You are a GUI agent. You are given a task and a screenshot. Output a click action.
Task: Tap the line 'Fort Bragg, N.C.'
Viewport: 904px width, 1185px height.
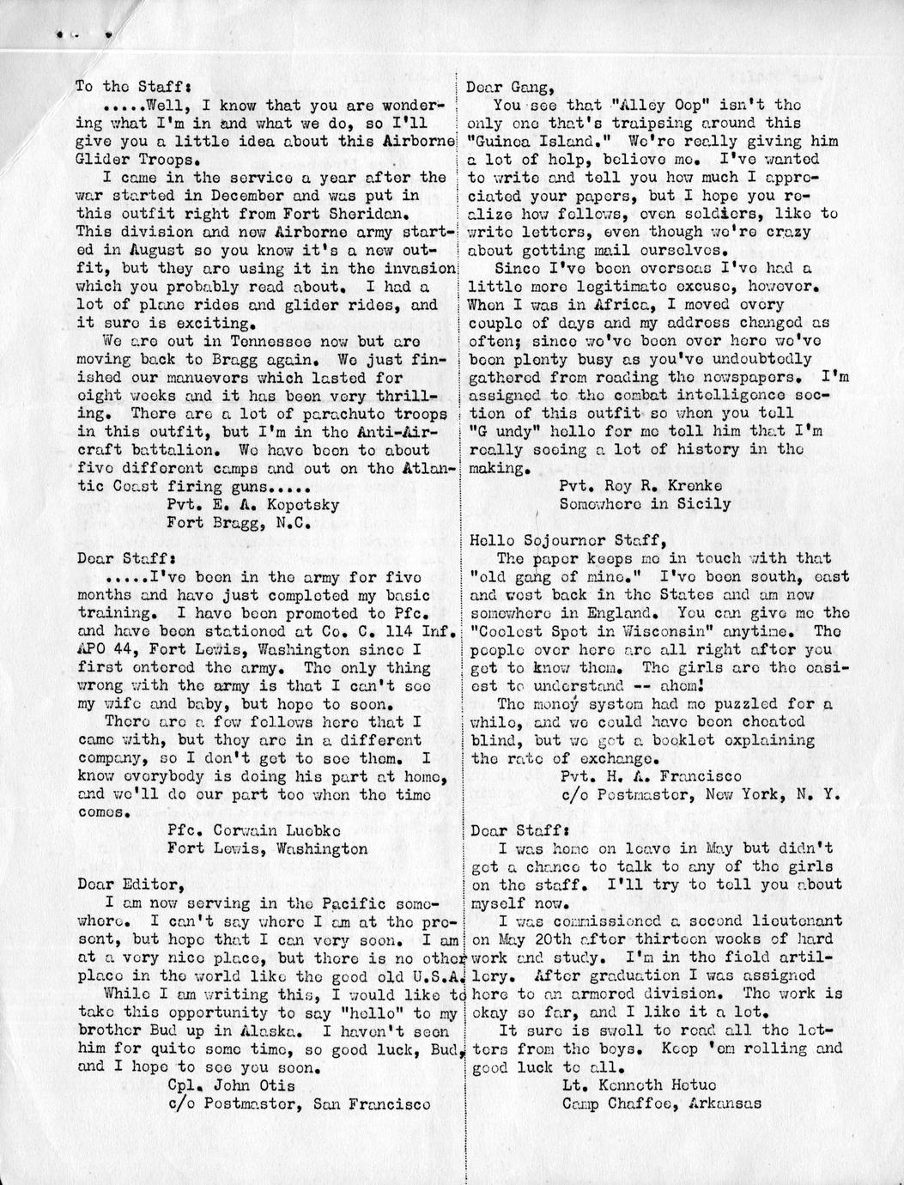[238, 522]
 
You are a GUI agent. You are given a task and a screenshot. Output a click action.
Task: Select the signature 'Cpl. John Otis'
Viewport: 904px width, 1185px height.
[231, 1085]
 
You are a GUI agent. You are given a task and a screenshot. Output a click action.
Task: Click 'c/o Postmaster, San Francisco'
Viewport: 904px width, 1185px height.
[298, 1103]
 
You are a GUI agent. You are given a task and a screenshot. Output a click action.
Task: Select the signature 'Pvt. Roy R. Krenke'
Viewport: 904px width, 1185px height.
[640, 486]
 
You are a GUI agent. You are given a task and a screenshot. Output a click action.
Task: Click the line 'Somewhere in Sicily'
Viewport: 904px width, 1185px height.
[645, 504]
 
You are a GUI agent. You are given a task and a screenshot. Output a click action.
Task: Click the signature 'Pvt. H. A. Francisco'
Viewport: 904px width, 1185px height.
[650, 776]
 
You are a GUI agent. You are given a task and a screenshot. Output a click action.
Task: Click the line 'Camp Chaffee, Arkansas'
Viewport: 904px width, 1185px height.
[661, 1103]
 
